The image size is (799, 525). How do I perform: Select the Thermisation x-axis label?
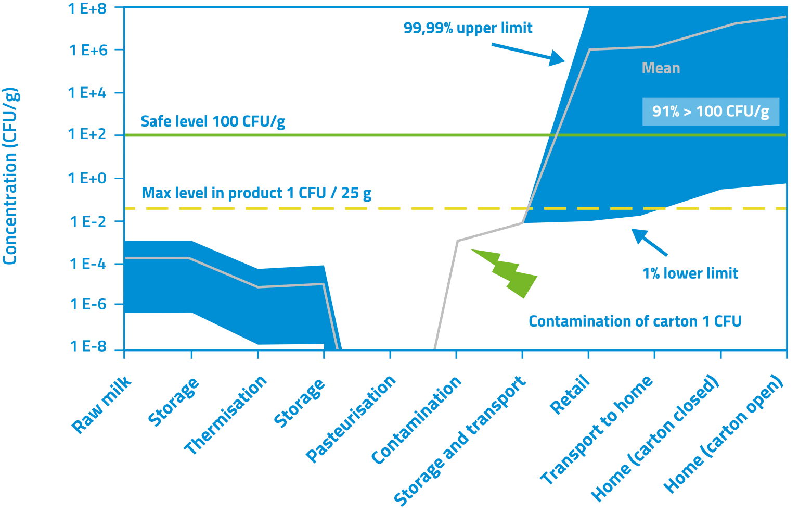point(226,415)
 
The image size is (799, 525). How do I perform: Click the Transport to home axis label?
point(597,430)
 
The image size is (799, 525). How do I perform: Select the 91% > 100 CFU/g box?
point(711,111)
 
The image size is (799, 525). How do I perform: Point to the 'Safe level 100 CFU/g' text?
point(213,122)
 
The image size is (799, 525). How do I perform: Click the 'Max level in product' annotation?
point(256,193)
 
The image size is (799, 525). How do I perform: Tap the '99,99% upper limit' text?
point(468,28)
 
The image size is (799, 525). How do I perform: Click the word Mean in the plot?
point(661,68)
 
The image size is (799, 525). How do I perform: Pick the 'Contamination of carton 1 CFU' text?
point(635,321)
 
